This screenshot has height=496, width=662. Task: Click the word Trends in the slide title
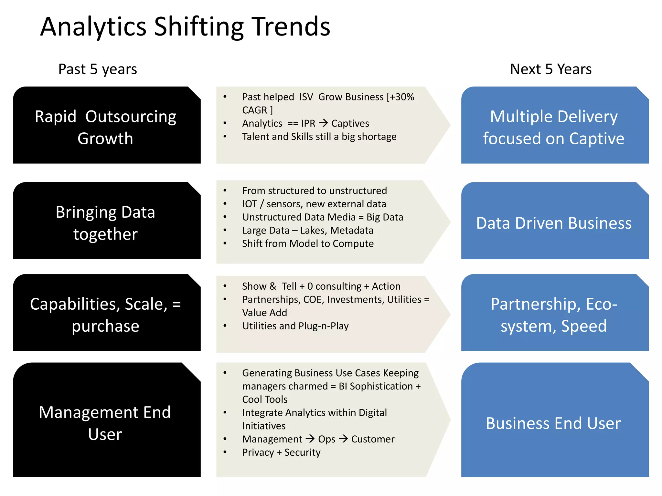coord(291,26)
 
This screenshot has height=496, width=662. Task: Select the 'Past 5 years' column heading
coord(97,69)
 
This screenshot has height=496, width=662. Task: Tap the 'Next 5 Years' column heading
coord(550,69)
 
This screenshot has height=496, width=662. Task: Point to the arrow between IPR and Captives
coord(323,123)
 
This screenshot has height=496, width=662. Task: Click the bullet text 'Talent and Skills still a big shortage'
coord(319,137)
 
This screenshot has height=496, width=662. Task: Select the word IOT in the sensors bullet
coord(250,204)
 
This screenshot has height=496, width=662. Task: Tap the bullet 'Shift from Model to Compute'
coord(308,243)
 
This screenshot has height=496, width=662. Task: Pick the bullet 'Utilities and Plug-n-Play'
coord(295,326)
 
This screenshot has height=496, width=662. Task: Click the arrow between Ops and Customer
coord(343,439)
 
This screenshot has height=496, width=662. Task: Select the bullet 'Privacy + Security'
coord(281,452)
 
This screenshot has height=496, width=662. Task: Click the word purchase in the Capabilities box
coord(105,326)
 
